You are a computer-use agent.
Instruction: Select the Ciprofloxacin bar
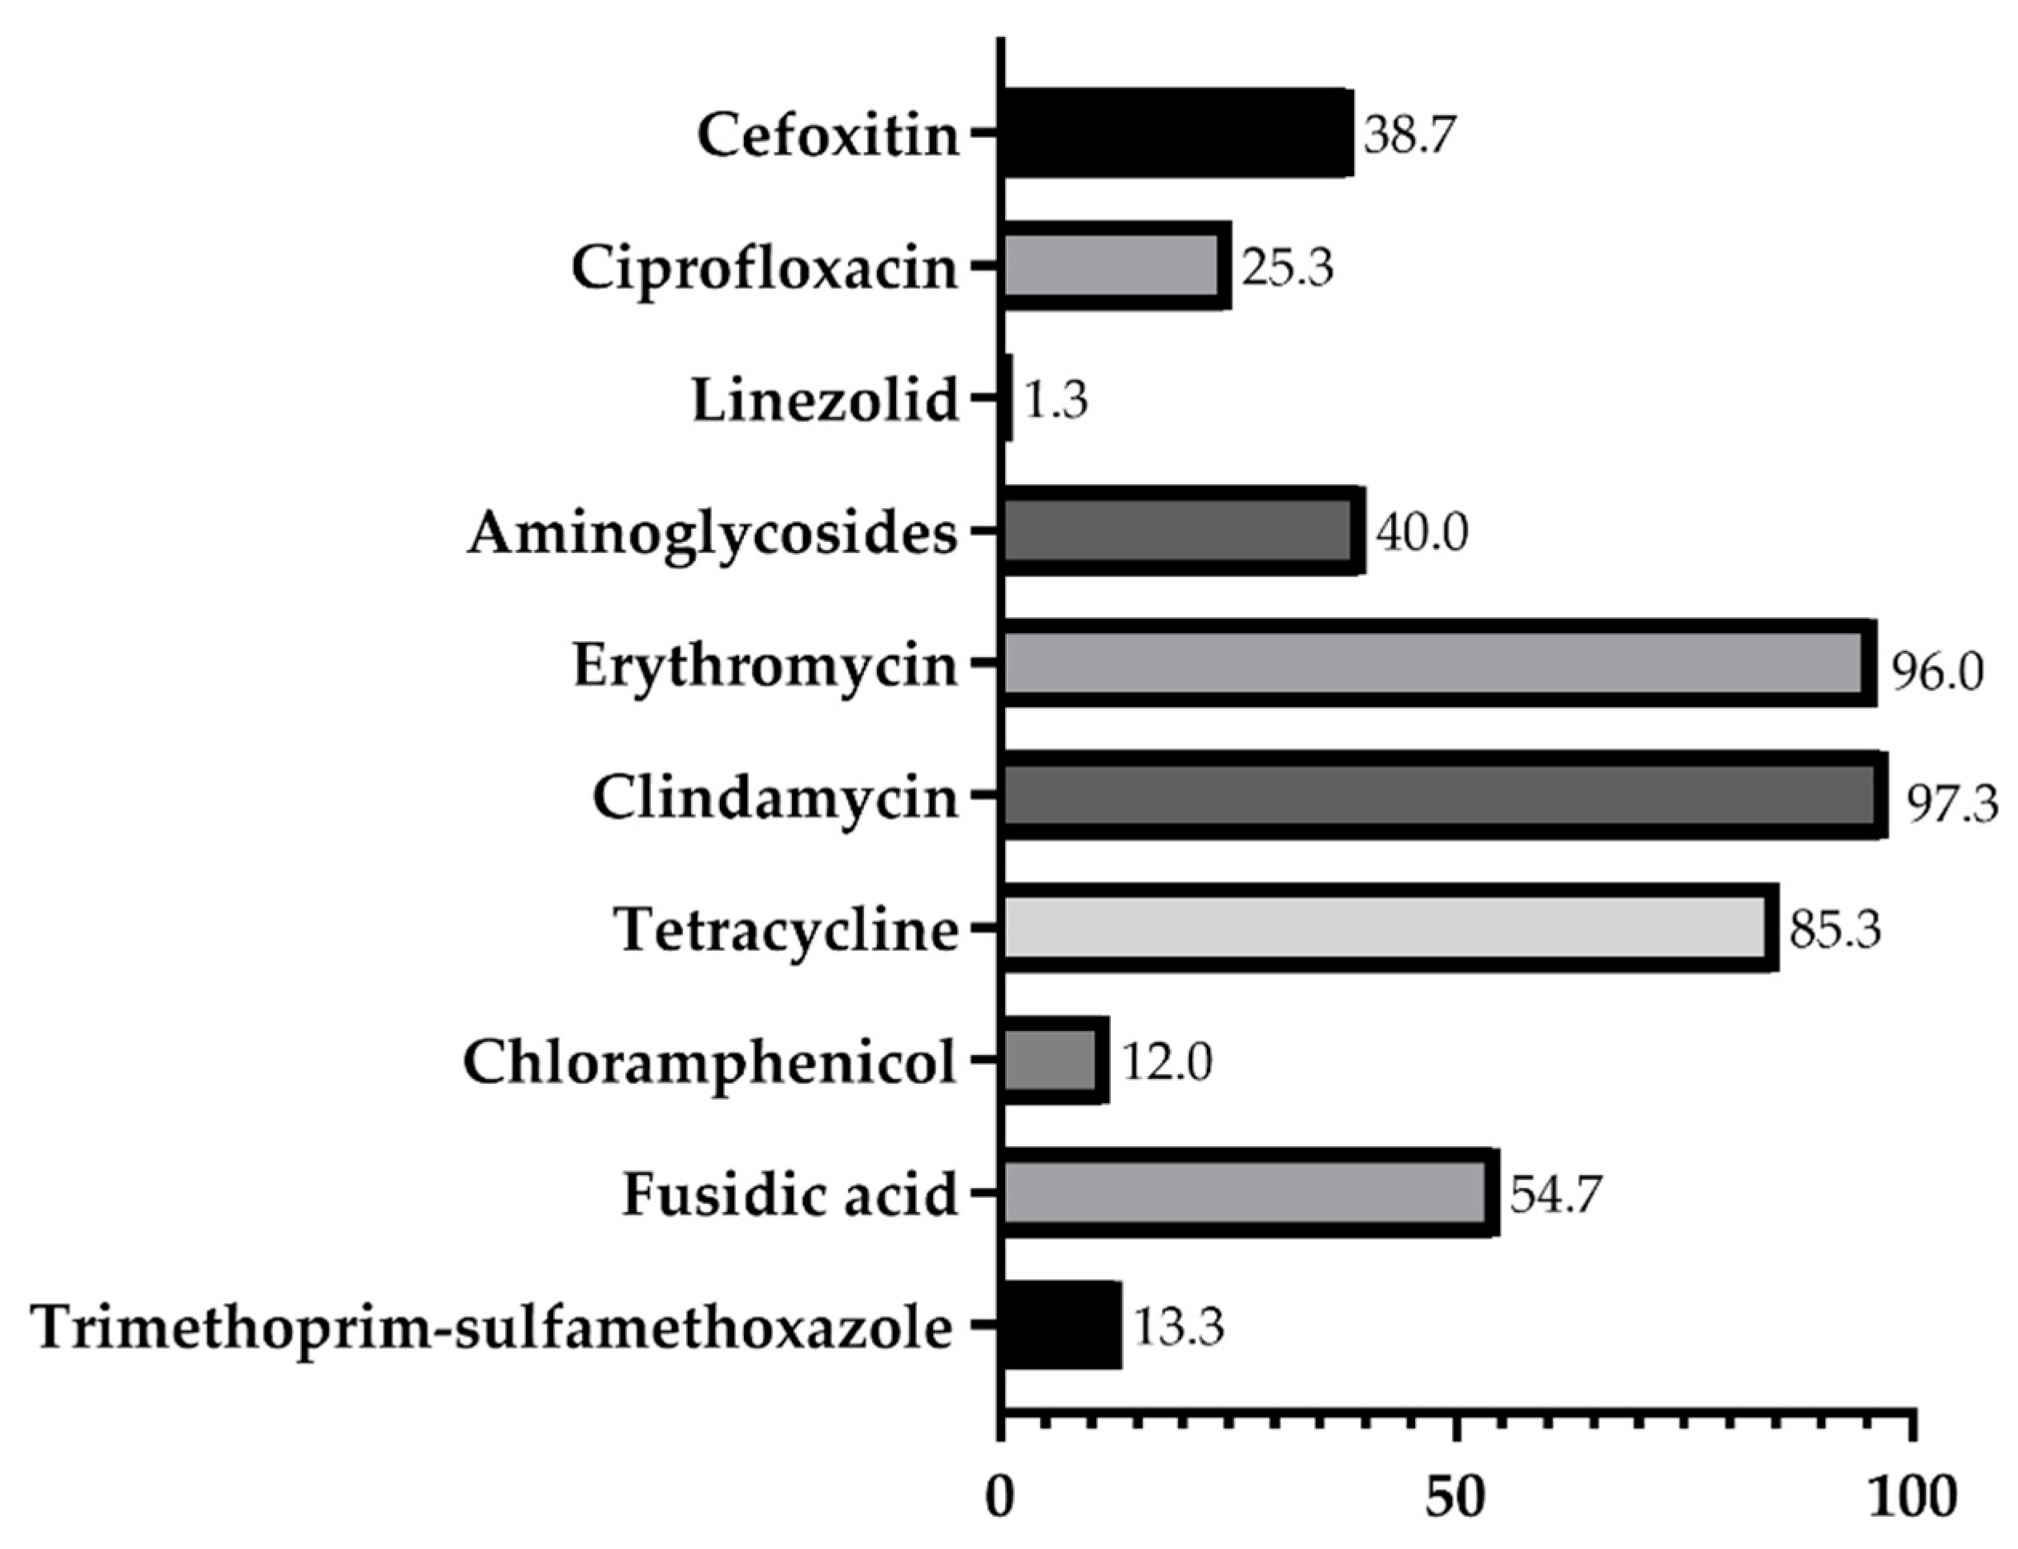click(x=1114, y=266)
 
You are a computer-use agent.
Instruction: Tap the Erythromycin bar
click(x=1437, y=664)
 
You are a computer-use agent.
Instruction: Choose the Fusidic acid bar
click(x=1248, y=1195)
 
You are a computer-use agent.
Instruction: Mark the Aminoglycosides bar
click(x=1181, y=531)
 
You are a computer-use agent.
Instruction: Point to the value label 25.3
click(x=1287, y=268)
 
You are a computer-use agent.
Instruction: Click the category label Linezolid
click(x=826, y=402)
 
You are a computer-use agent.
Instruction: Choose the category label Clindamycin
click(x=774, y=798)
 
